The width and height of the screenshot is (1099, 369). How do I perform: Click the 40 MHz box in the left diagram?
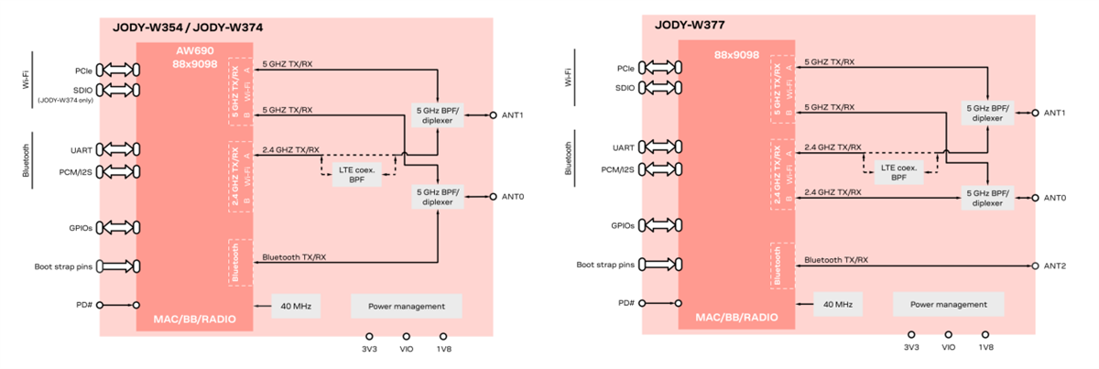pos(296,306)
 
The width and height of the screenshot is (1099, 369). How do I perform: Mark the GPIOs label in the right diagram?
pos(624,225)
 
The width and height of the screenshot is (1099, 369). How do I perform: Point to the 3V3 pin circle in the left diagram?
pos(369,336)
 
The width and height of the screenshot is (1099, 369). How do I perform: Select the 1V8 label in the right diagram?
pos(985,348)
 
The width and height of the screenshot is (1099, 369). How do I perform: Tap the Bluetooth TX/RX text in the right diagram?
pos(835,260)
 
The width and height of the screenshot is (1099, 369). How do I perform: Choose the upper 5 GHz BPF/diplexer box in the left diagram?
pos(437,114)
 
